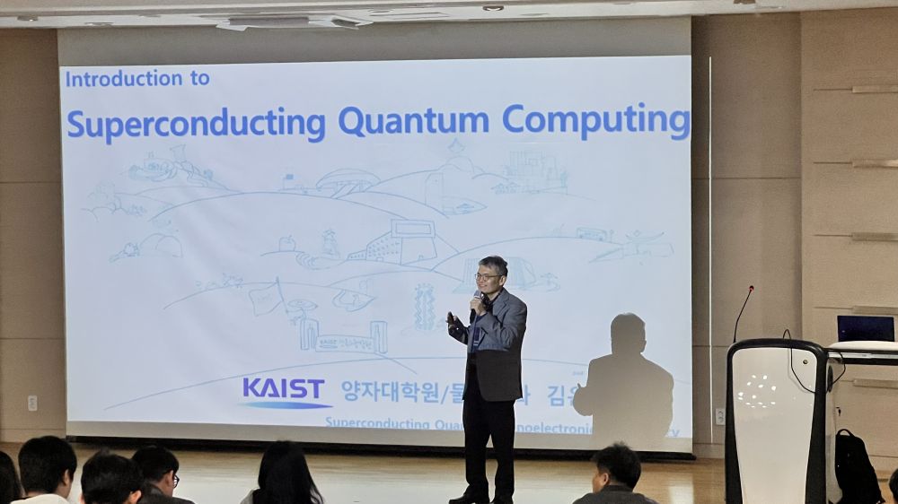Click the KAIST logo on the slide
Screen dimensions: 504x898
click(284, 391)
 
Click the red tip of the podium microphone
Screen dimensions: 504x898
click(751, 289)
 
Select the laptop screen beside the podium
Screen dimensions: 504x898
click(865, 328)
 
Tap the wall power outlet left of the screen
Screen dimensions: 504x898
click(32, 403)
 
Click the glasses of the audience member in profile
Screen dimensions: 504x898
click(172, 479)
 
